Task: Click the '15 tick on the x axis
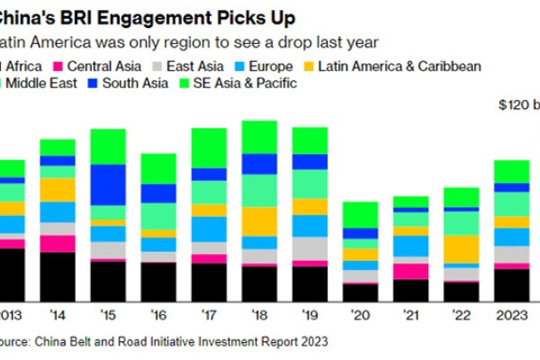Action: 108,316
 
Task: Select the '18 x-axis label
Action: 260,316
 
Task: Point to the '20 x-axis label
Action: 360,316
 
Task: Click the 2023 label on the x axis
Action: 511,316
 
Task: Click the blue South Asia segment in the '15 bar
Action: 108,184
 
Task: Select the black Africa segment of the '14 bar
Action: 58,275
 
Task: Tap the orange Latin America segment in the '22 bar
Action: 461,248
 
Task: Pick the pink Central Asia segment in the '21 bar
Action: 410,271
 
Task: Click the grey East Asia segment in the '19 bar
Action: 310,248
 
